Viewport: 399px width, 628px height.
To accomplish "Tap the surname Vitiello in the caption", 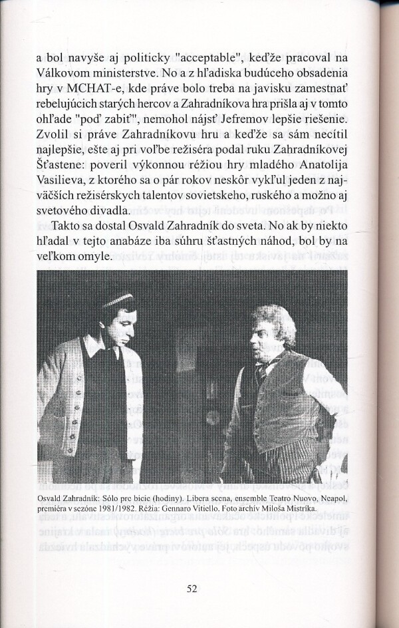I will [220, 509].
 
